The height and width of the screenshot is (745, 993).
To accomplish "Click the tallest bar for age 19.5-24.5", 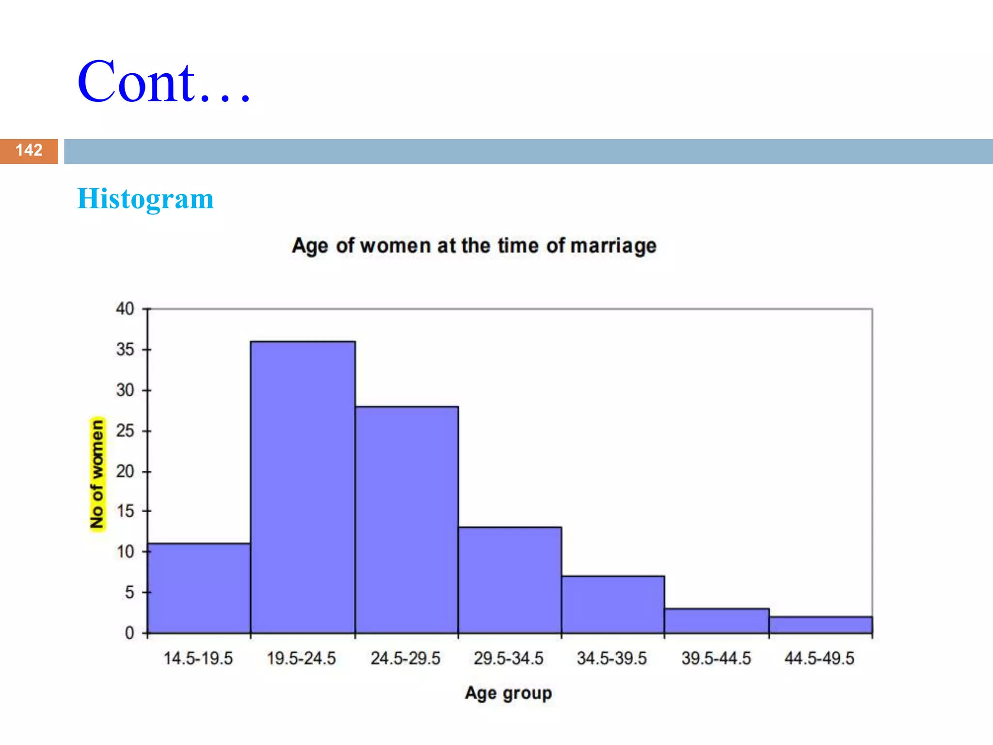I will pyautogui.click(x=303, y=487).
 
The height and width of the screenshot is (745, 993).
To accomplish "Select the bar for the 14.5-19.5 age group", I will pyautogui.click(x=199, y=588).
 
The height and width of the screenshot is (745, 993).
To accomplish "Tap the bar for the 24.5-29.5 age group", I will pyautogui.click(x=406, y=519).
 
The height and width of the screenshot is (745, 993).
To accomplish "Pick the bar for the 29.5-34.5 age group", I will pyautogui.click(x=510, y=580).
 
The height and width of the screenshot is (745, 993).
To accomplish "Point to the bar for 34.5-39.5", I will pyautogui.click(x=613, y=604).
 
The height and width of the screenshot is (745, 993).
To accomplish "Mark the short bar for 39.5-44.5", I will pyautogui.click(x=717, y=621).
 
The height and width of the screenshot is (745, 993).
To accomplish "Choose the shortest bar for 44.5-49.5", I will pyautogui.click(x=820, y=625).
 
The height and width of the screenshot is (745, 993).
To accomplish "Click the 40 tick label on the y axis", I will pyautogui.click(x=125, y=309).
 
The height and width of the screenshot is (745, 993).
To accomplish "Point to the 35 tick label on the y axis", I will pyautogui.click(x=125, y=350).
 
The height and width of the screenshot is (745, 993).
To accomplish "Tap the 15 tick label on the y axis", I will pyautogui.click(x=125, y=511).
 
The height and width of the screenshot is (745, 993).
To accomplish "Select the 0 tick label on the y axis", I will pyautogui.click(x=129, y=633).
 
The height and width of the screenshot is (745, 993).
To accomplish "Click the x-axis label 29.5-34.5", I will pyautogui.click(x=509, y=659).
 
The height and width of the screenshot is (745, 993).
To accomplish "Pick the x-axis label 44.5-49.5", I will pyautogui.click(x=819, y=659).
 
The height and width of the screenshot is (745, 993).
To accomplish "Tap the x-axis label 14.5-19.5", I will pyautogui.click(x=198, y=659).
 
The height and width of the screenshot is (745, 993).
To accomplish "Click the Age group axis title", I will pyautogui.click(x=508, y=693).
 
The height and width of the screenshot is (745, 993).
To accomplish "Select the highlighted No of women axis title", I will pyautogui.click(x=97, y=474).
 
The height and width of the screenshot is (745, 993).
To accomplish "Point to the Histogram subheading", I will pyautogui.click(x=145, y=199).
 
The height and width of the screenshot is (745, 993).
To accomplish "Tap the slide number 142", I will pyautogui.click(x=29, y=150).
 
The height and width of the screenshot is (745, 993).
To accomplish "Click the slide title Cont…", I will pyautogui.click(x=164, y=82).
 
